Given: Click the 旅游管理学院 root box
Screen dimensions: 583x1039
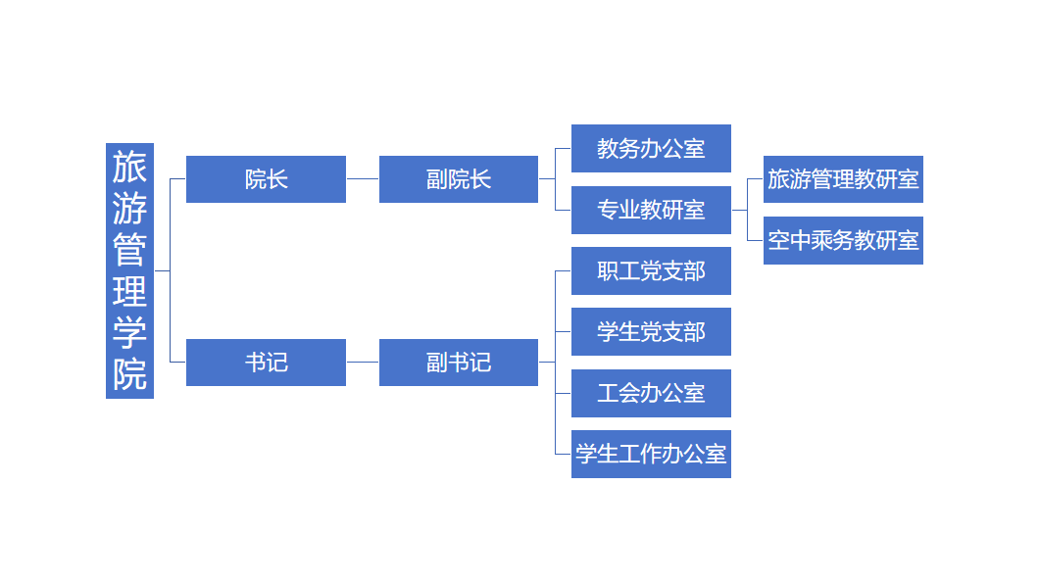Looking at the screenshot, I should pos(129,270).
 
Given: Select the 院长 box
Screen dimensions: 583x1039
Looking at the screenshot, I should pos(266,179).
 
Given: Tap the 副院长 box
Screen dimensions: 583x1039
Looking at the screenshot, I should pos(458,179).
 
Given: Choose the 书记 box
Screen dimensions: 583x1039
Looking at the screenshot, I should pos(266,363).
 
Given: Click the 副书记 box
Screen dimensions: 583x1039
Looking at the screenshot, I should pos(458,363).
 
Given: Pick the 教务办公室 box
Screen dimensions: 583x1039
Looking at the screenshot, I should pos(651,148).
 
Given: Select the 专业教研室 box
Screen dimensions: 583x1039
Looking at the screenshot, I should pos(651,210).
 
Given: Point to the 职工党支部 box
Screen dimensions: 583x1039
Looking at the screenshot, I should pos(651,270).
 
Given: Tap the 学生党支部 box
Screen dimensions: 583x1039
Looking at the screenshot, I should pos(651,332).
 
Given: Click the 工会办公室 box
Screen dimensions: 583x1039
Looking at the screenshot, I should pos(651,393).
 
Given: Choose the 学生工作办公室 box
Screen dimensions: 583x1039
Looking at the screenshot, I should pos(651,455).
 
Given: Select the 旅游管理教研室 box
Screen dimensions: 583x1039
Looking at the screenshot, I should pos(843,179).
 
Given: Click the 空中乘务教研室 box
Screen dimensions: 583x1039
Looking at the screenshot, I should pos(843,240).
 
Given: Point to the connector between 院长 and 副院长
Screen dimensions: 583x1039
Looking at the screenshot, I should pos(363,179).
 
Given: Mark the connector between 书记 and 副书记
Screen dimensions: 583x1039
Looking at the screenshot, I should pos(363,363).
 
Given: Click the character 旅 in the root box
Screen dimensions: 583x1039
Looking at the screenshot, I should pos(129,168).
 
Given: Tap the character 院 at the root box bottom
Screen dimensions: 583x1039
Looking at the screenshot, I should pos(129,374).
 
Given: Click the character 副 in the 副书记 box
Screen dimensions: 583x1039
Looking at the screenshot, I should pos(437,363).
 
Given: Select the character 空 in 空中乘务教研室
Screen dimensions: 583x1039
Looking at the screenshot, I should pos(779,240).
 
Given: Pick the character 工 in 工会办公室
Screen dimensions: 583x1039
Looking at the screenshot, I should pos(608,393).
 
